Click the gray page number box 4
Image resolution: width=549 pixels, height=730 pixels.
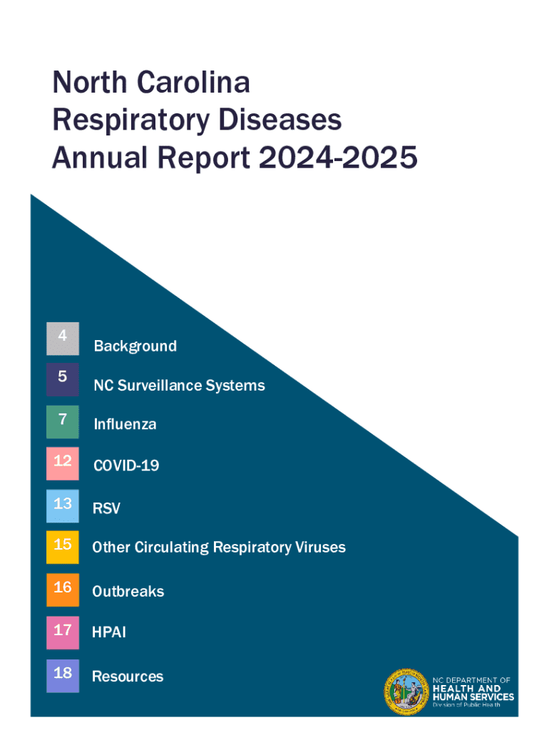click(x=63, y=339)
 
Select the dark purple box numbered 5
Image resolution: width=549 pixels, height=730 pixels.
click(x=63, y=379)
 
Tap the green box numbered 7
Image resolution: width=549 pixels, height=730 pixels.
click(x=63, y=421)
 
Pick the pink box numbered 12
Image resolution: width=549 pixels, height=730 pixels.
click(x=63, y=463)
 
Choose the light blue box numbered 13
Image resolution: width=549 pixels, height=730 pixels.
click(x=63, y=506)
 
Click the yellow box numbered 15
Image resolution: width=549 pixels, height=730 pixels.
click(x=63, y=547)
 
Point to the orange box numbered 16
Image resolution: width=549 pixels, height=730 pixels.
click(x=63, y=590)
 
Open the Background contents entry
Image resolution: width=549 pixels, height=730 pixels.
click(x=135, y=346)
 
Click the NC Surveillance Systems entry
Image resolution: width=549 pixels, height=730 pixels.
click(x=179, y=386)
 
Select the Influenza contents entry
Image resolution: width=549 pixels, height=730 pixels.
click(x=125, y=425)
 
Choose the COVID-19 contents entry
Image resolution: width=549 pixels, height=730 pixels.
click(x=126, y=466)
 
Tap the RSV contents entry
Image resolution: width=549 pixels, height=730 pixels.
click(x=106, y=509)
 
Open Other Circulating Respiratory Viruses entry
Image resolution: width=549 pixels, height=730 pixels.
click(x=219, y=547)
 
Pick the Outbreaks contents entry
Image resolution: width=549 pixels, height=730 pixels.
click(x=128, y=592)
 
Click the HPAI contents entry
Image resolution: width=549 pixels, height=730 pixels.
click(x=109, y=632)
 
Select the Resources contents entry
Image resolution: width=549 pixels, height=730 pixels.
click(x=128, y=677)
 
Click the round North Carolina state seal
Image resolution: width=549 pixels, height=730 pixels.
click(x=406, y=692)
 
